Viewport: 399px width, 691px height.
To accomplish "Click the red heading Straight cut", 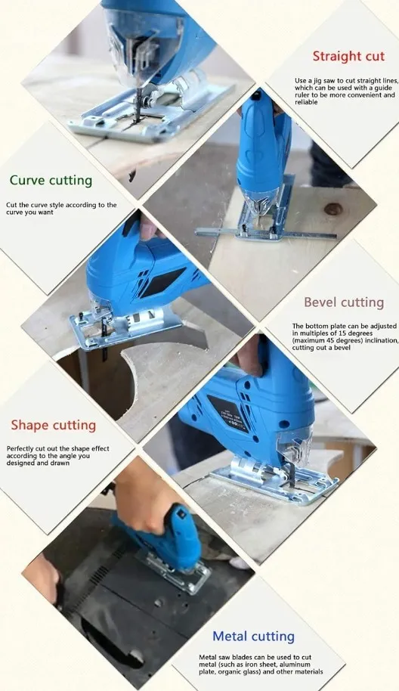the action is tap(348, 57).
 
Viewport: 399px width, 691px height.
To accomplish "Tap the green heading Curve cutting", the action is tap(51, 181).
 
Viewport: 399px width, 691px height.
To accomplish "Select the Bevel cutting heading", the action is tap(344, 302).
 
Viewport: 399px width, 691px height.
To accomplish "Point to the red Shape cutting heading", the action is tap(54, 426).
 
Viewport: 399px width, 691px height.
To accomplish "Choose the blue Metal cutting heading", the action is tap(253, 637).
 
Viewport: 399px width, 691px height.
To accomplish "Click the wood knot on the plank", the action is tap(333, 209).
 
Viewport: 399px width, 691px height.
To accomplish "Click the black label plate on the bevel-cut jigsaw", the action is tap(228, 412).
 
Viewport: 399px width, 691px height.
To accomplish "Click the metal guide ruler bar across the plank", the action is tap(265, 233).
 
